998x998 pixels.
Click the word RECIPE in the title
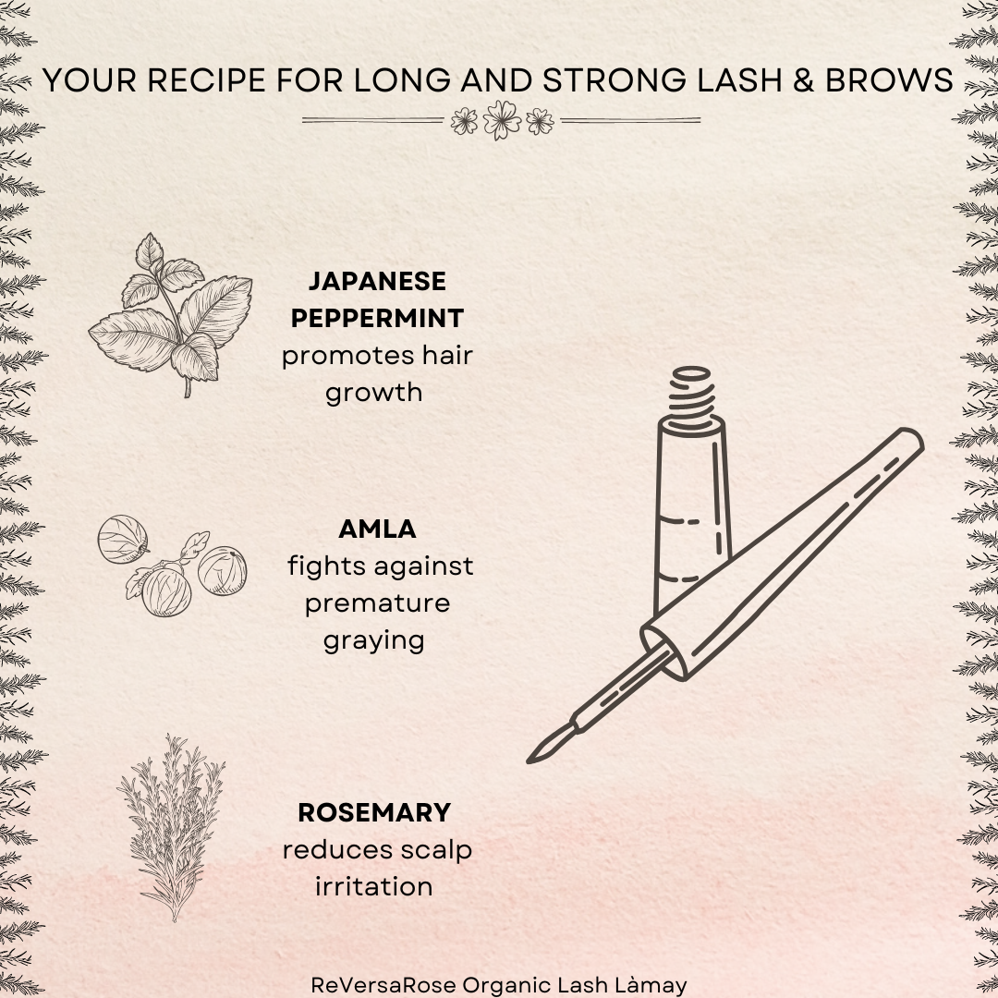click(206, 80)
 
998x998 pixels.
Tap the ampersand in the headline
click(803, 80)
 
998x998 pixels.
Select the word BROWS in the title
click(889, 80)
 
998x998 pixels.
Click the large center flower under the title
click(502, 119)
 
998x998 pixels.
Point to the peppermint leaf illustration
click(171, 314)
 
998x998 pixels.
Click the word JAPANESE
click(377, 281)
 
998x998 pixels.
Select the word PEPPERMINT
click(377, 318)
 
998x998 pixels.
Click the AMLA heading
click(377, 529)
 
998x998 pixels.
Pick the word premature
click(377, 603)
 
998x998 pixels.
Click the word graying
click(373, 641)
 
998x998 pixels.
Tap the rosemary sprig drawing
click(171, 827)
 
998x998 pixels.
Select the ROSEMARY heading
click(374, 813)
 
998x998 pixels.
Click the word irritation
click(373, 886)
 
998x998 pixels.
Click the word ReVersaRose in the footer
click(383, 985)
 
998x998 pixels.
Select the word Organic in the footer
click(506, 985)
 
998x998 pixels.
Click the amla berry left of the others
click(122, 539)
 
